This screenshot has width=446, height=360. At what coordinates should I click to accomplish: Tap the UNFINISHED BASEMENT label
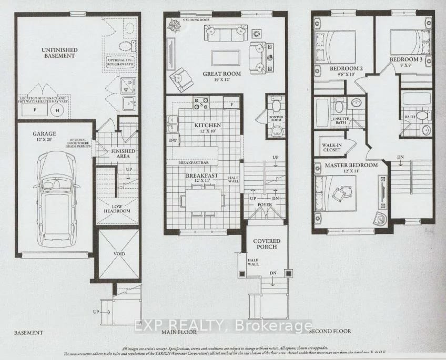tap(59, 53)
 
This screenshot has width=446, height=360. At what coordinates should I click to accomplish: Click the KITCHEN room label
tap(207, 125)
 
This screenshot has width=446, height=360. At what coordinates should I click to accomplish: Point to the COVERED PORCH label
tap(268, 244)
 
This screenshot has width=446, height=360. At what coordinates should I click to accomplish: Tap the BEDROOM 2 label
tap(347, 69)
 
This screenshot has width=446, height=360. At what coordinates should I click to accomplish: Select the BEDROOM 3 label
tap(406, 60)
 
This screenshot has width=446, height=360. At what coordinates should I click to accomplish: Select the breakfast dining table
tap(202, 200)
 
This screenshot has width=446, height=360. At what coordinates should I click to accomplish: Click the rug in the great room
tap(225, 57)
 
